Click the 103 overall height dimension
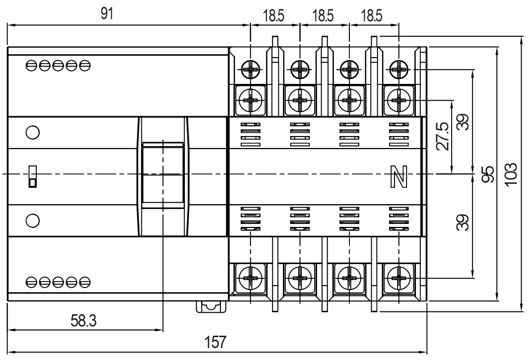[x=513, y=174]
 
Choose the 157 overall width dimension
[x=216, y=343]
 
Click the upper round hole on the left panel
[x=32, y=133]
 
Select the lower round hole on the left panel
[x=32, y=219]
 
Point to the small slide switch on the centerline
[x=32, y=176]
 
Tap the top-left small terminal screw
[x=251, y=70]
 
